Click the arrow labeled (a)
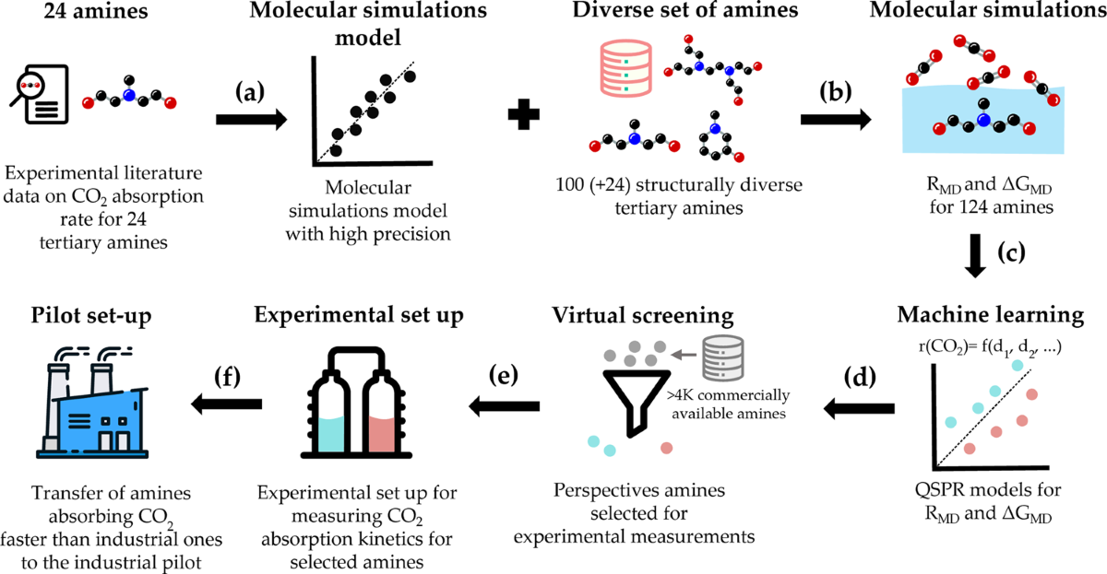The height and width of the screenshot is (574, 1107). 245,119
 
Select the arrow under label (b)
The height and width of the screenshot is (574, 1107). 835,119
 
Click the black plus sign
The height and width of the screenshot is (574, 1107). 523,117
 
